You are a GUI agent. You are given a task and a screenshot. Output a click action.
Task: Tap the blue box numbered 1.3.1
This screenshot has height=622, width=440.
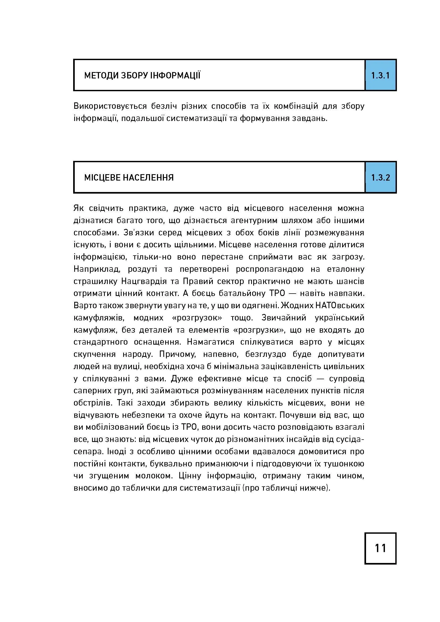click(x=380, y=75)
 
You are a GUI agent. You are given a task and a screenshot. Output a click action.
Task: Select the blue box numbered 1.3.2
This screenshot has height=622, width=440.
click(x=380, y=178)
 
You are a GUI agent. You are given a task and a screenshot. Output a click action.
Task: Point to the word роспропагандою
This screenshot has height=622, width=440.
click(x=269, y=269)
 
